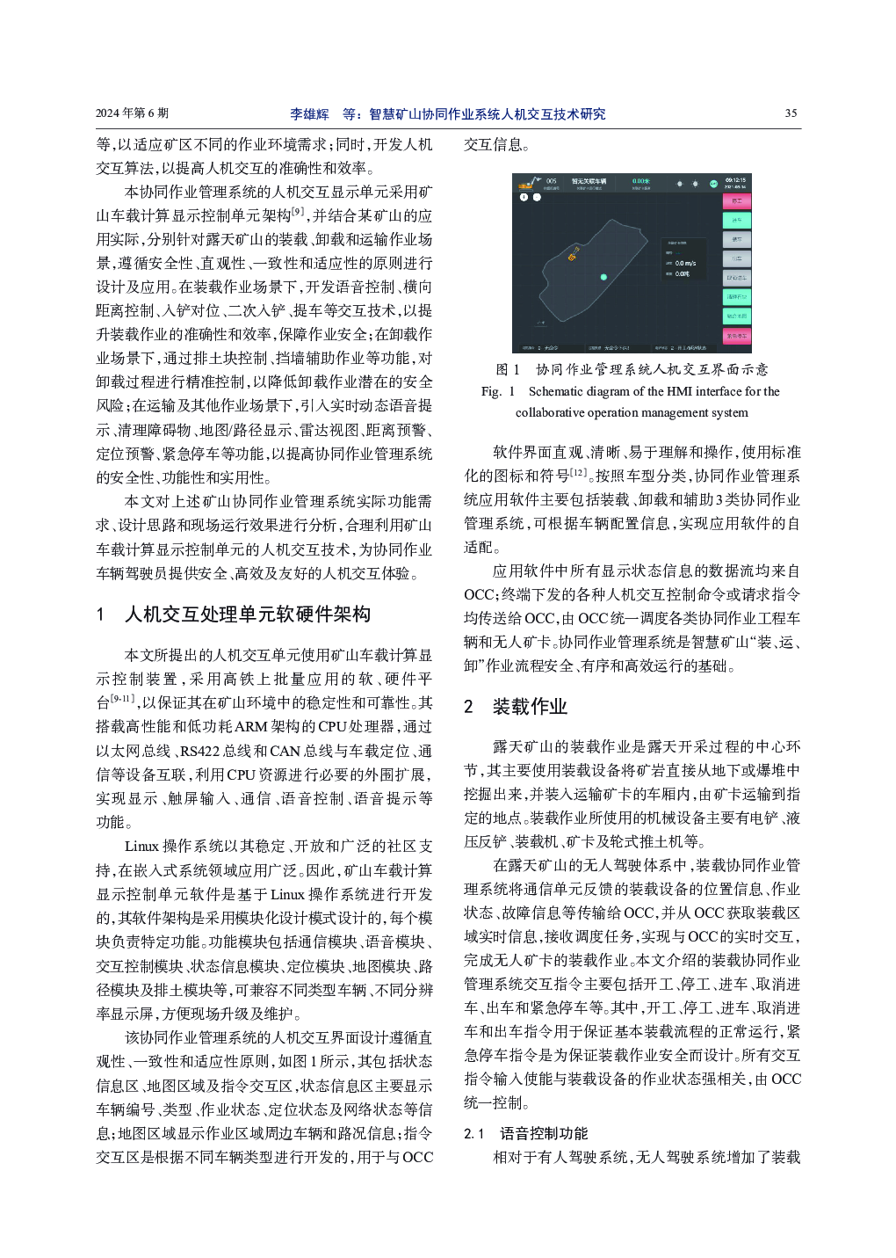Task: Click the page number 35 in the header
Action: click(791, 113)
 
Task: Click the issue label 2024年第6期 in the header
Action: click(132, 113)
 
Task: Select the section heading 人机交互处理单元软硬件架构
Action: click(247, 614)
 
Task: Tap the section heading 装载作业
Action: click(530, 707)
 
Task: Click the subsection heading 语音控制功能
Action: click(544, 1133)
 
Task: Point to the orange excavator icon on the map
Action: click(573, 256)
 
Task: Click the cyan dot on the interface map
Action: click(603, 277)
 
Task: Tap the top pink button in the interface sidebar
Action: click(736, 201)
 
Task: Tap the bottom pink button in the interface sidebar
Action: click(736, 335)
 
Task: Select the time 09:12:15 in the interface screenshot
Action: click(735, 180)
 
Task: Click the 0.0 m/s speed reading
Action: click(685, 263)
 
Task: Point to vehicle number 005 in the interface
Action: click(551, 181)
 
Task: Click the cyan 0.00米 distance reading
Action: click(641, 181)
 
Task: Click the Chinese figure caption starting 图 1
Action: click(632, 369)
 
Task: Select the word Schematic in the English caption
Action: click(556, 391)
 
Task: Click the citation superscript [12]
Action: click(578, 472)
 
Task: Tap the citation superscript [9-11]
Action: click(121, 698)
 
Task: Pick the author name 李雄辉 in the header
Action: click(309, 114)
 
